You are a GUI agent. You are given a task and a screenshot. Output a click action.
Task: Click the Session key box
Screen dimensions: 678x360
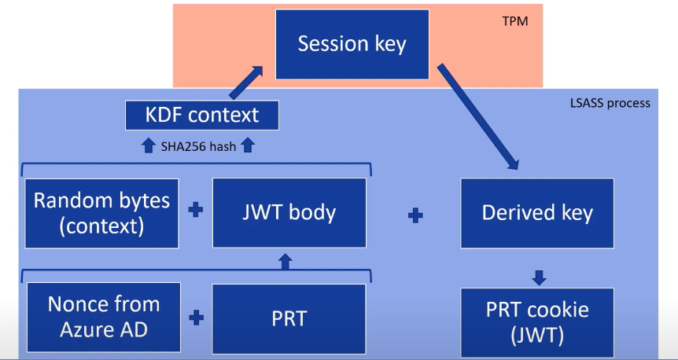352,45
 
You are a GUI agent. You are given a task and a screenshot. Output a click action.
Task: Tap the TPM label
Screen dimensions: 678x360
515,21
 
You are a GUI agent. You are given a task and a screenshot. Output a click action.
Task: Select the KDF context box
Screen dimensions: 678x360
202,116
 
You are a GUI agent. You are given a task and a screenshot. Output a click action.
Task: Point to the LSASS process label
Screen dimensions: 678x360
610,103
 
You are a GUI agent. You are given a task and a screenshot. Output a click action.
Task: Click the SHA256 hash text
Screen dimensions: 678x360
198,146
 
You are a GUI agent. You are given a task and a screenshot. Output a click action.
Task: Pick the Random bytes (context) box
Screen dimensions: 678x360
101,214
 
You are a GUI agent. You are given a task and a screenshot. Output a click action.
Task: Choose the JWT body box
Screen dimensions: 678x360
289,213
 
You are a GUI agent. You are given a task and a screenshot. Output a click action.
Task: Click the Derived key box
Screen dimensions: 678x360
537,214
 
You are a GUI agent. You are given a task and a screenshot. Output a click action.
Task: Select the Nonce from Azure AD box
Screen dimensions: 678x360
104,318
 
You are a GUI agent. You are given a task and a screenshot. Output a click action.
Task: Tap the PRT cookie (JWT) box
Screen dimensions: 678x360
537,323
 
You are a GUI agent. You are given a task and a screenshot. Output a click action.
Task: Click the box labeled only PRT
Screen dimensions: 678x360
289,318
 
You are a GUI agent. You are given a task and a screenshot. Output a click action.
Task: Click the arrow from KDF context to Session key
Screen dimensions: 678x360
245,83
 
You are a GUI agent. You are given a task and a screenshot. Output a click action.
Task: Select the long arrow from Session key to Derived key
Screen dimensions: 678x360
478,116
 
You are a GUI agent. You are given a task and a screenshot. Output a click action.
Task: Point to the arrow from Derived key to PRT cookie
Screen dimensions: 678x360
538,278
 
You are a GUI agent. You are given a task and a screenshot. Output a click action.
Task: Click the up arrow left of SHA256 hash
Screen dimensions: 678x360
149,146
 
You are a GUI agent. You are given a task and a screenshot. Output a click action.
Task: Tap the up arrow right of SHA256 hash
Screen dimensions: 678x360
247,146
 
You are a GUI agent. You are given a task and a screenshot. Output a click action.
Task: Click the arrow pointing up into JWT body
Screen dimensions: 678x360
285,262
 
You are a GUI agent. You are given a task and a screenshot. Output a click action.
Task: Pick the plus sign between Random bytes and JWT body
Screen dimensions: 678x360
196,211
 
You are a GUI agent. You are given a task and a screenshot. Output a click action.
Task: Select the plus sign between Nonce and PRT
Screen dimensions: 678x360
197,318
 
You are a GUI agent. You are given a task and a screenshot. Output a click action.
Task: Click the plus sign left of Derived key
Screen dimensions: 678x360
415,215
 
